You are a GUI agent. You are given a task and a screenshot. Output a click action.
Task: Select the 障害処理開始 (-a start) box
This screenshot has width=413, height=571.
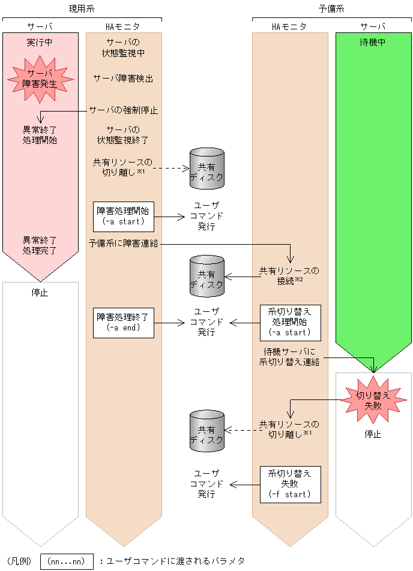click(x=124, y=216)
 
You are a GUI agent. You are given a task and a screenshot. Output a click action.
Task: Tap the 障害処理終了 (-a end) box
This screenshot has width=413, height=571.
click(x=124, y=322)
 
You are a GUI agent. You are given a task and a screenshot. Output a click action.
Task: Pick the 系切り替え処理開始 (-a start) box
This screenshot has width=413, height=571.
click(x=290, y=322)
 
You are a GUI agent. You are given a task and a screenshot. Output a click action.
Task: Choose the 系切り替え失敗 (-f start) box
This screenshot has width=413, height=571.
click(x=290, y=484)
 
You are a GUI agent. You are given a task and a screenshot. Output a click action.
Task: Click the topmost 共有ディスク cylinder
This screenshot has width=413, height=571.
click(x=206, y=169)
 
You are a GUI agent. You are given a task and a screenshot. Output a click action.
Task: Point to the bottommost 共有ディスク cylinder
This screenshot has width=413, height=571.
click(x=206, y=431)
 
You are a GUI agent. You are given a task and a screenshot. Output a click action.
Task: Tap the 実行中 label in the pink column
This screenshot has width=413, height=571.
click(x=40, y=43)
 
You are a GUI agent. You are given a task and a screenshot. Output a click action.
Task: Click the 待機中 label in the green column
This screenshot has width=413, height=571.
click(x=373, y=43)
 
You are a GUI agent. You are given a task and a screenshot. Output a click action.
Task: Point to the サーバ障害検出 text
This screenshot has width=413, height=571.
click(x=123, y=78)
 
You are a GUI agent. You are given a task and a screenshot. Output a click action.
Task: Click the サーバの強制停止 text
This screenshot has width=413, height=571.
click(x=123, y=110)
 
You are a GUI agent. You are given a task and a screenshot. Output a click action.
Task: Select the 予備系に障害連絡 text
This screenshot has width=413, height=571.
click(x=123, y=244)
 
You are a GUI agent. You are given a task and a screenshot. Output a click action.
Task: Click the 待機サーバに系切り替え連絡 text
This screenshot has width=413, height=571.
click(x=289, y=357)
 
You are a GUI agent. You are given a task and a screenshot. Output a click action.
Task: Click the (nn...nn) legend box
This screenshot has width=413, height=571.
click(x=67, y=561)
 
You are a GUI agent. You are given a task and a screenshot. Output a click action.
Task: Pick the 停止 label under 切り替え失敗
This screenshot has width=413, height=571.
click(x=373, y=434)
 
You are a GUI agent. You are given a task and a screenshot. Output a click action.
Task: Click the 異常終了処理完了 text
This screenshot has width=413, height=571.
click(x=40, y=245)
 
